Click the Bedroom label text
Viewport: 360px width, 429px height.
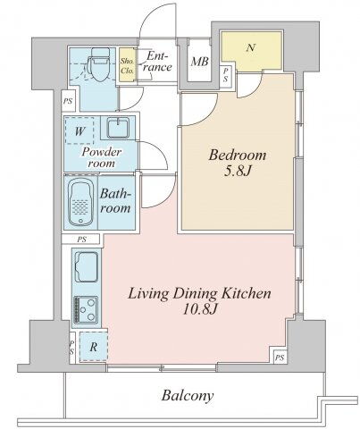tap(237, 156)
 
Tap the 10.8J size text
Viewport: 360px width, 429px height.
tap(200, 309)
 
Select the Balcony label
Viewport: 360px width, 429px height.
tap(188, 396)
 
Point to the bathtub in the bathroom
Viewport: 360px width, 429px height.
tap(81, 202)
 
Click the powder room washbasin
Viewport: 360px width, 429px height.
tap(118, 128)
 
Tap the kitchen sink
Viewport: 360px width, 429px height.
tap(87, 267)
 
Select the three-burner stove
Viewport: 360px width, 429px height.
tap(86, 309)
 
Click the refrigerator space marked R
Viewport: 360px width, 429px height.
tap(93, 347)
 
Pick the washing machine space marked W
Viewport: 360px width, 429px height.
tap(80, 130)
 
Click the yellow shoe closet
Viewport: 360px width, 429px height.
tap(127, 64)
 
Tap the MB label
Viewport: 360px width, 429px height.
tap(199, 62)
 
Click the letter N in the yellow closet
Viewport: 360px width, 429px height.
tap(251, 47)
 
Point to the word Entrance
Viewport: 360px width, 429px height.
tap(157, 62)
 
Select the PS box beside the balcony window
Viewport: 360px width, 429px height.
tap(280, 357)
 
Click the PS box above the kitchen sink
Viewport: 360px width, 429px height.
tap(81, 240)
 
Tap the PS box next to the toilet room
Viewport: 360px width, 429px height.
tap(68, 101)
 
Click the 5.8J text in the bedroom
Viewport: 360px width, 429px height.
tap(238, 171)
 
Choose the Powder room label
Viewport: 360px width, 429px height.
tap(102, 157)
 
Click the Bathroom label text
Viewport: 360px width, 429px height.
tap(115, 200)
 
